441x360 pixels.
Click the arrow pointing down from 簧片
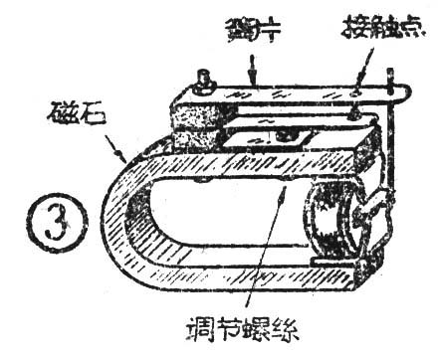click(x=255, y=68)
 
